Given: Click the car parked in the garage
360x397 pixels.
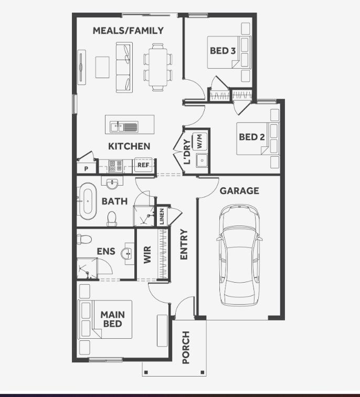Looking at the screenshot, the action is [x=239, y=255].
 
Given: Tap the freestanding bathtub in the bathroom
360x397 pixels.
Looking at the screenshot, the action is [x=88, y=201].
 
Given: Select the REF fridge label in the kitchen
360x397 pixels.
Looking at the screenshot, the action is [x=143, y=165].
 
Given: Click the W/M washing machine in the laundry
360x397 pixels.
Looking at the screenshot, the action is [x=199, y=141].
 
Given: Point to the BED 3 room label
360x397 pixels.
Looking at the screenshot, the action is [x=223, y=51].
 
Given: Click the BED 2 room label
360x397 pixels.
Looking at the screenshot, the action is [x=252, y=137].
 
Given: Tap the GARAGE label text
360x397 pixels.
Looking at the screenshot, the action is [x=239, y=191].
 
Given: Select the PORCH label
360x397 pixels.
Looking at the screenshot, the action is [x=186, y=347].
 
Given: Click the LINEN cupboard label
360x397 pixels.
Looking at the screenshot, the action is [x=162, y=217].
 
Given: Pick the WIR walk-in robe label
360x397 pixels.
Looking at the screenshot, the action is [x=147, y=254].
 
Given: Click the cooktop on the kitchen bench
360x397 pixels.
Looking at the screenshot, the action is [x=115, y=166].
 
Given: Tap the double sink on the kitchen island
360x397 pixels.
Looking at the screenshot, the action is [x=124, y=126].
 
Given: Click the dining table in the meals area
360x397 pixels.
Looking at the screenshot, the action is [x=158, y=67].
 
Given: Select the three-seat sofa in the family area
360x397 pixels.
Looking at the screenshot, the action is [x=124, y=67].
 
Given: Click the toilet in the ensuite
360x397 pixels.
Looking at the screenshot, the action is [x=84, y=239].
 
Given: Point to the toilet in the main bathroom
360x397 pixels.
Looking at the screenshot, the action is [x=112, y=219].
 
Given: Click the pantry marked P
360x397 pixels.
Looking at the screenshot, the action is [x=87, y=168].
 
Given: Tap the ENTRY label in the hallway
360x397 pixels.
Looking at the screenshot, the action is [x=184, y=244].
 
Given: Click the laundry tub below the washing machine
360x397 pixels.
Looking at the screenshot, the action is [x=202, y=160].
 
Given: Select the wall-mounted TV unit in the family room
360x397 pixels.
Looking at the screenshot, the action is [x=81, y=67].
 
